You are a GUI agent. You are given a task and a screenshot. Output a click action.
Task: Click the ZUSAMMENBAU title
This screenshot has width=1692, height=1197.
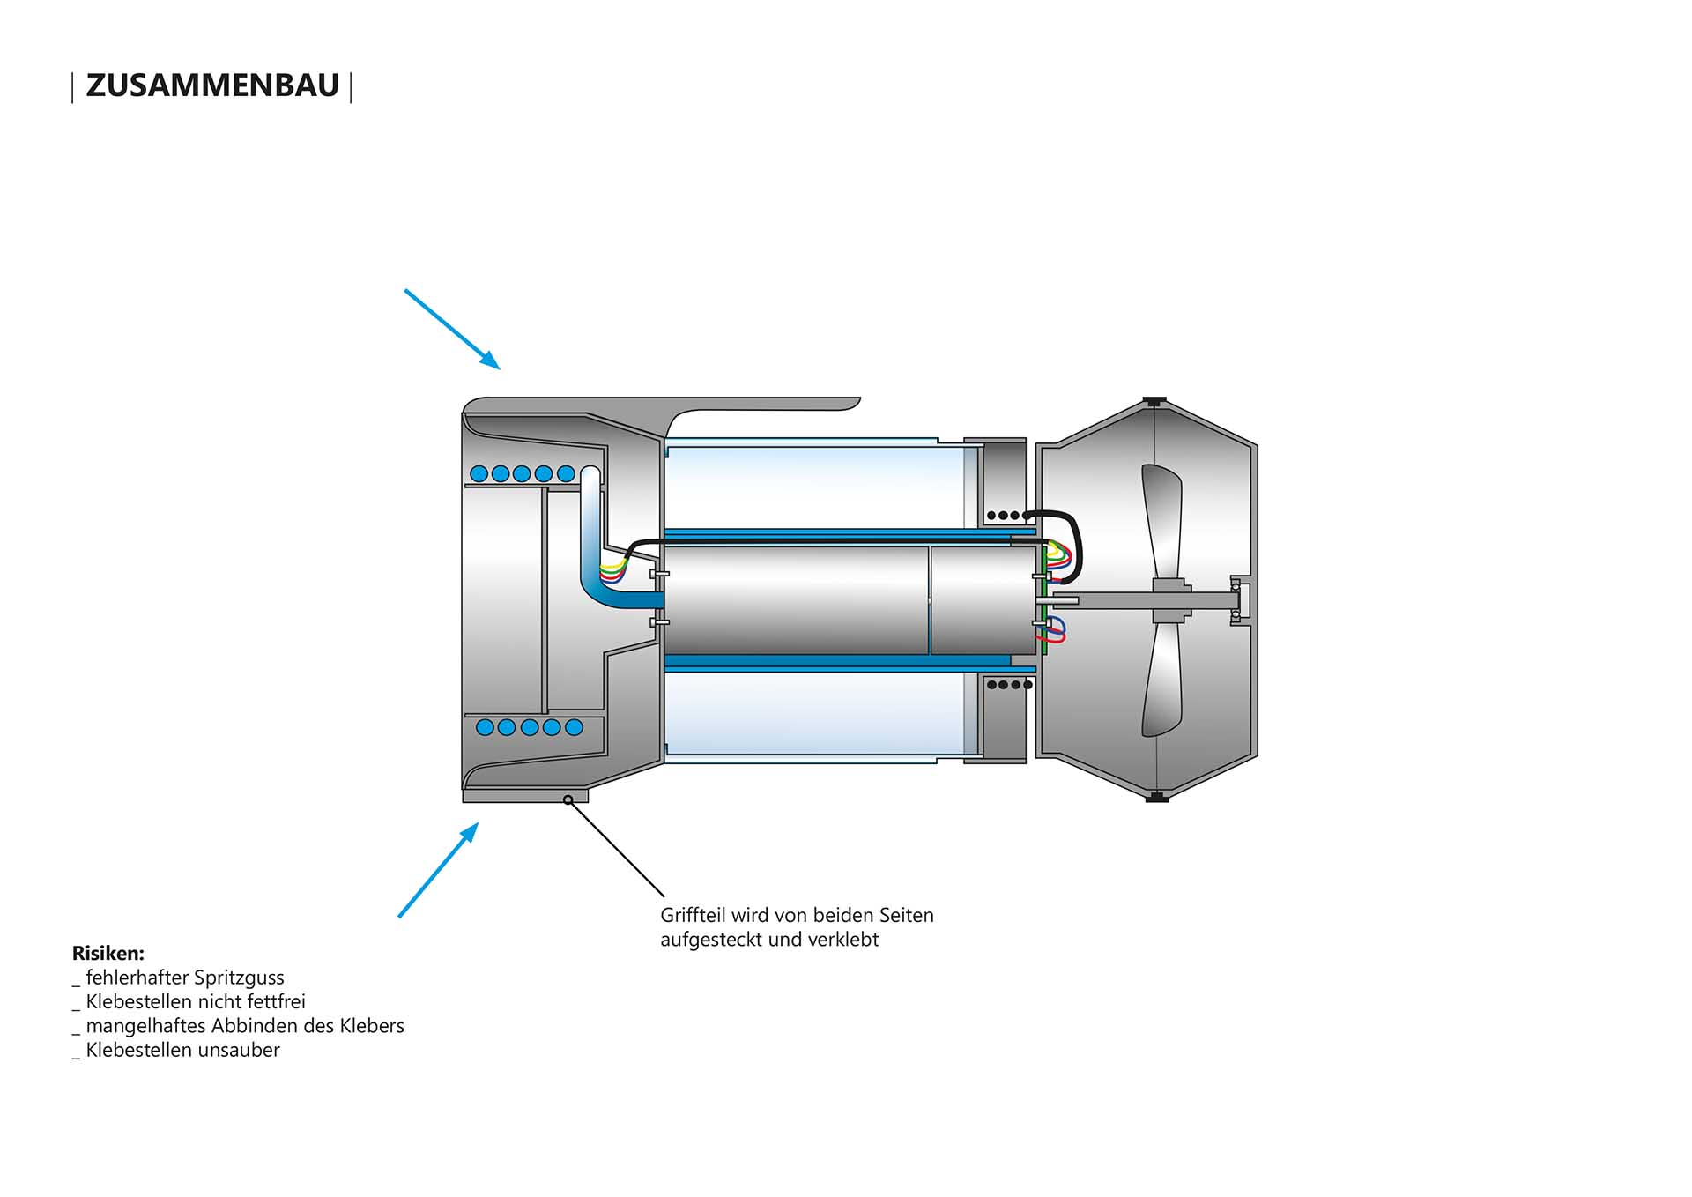[211, 85]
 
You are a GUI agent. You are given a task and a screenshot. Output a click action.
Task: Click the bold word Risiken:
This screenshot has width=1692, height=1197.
[108, 953]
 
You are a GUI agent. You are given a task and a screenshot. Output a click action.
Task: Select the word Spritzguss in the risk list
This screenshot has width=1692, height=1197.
[238, 978]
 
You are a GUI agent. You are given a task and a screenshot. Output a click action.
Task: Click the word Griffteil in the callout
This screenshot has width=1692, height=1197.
[693, 916]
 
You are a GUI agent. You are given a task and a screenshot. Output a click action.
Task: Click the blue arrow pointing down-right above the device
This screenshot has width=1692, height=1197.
[452, 329]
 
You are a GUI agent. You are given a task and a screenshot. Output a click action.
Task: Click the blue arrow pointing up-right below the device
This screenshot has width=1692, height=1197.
[439, 869]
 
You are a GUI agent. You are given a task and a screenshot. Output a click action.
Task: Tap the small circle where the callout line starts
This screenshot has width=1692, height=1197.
[568, 799]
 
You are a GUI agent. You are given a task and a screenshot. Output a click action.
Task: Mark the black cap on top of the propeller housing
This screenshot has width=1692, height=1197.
[1154, 401]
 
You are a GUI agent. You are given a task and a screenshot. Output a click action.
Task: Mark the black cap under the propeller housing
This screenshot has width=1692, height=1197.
[1156, 798]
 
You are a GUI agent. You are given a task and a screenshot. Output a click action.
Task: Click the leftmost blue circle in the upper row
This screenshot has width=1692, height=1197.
[479, 473]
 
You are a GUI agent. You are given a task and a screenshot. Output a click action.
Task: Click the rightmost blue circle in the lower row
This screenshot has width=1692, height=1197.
[574, 727]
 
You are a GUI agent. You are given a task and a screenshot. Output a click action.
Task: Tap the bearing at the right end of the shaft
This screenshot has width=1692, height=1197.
[1236, 600]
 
